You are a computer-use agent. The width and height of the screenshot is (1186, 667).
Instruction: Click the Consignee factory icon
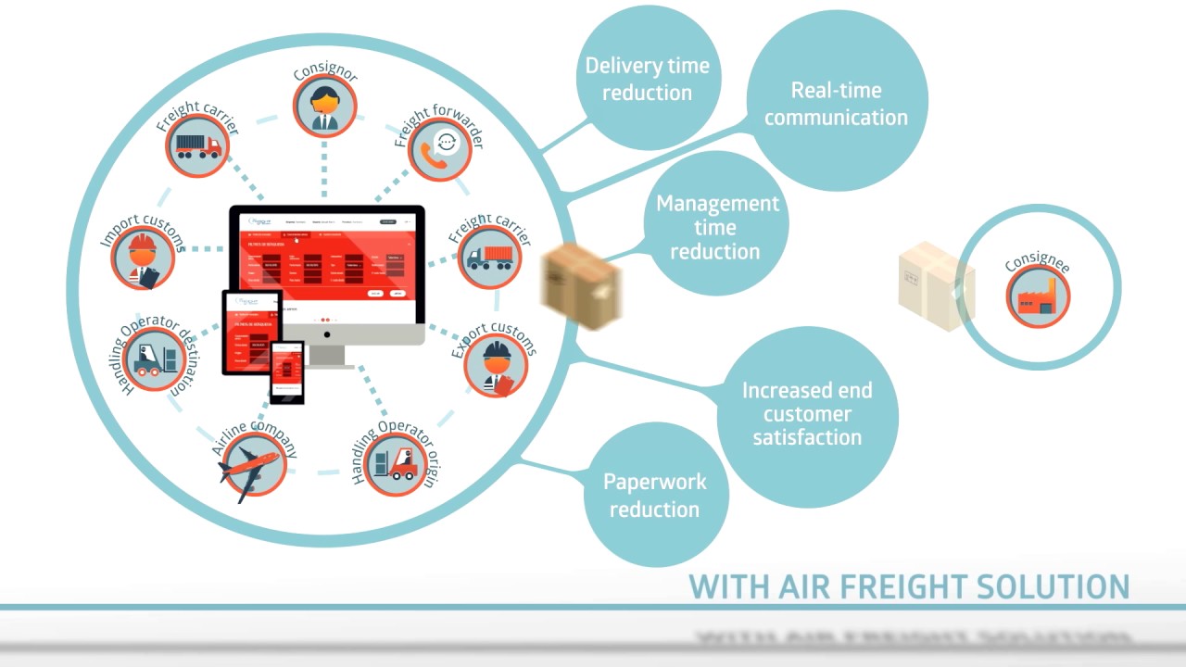(1038, 296)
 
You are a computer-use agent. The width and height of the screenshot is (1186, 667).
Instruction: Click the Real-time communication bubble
(836, 102)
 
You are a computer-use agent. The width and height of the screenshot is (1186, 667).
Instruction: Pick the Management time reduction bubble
(716, 226)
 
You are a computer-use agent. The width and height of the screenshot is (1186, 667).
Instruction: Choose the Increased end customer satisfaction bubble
(807, 414)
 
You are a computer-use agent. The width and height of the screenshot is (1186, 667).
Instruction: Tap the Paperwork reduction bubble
(654, 495)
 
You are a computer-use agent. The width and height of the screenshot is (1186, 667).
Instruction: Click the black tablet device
(251, 332)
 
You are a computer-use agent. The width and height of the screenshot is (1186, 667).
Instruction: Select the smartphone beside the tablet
(287, 371)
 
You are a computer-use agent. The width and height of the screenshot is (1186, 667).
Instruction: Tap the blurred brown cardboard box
(580, 284)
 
